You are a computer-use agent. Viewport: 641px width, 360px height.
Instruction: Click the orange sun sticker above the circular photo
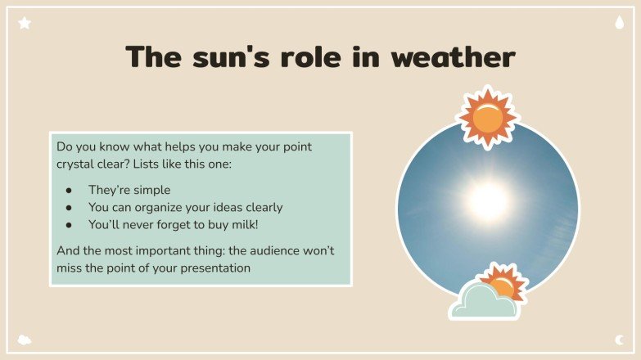[x=488, y=118]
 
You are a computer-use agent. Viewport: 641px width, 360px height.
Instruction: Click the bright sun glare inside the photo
[x=488, y=199]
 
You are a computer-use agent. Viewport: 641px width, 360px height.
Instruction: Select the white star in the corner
[x=25, y=24]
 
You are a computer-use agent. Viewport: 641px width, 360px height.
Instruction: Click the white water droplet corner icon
[x=619, y=24]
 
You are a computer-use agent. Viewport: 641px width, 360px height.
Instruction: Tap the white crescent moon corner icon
[x=619, y=339]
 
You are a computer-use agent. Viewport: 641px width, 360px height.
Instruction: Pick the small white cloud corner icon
[x=25, y=339]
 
